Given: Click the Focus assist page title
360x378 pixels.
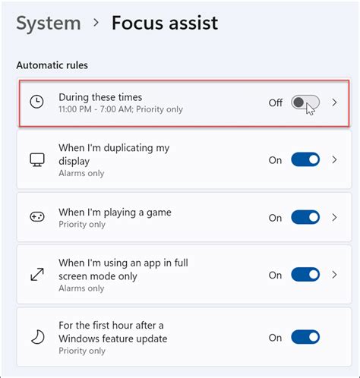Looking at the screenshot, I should point(165,23).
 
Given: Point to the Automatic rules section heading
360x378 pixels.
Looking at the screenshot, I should point(52,65).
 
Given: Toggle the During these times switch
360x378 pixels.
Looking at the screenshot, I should point(305,102).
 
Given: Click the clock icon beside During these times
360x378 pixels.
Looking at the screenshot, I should point(36,102).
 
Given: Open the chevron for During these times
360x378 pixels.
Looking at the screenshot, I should point(335,102).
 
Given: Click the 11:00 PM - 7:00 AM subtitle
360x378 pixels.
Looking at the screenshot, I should point(121,109).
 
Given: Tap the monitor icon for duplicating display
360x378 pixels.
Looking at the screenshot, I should point(36,160).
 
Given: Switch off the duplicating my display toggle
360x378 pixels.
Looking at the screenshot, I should point(305,160).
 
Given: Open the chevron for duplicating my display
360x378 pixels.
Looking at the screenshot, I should point(335,160).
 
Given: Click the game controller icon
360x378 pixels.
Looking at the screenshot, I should point(36,217).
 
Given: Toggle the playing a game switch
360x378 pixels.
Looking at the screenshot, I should point(305,217).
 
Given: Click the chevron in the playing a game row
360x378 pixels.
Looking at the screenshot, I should point(335,217).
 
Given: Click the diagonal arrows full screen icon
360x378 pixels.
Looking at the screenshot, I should point(36,275).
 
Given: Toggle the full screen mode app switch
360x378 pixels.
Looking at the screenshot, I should point(305,275).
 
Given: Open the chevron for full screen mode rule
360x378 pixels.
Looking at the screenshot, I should point(335,275).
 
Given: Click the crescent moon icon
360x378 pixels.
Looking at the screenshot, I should point(36,337).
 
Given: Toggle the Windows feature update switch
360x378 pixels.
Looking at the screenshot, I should point(305,337).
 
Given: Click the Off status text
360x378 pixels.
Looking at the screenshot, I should point(275,102).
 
